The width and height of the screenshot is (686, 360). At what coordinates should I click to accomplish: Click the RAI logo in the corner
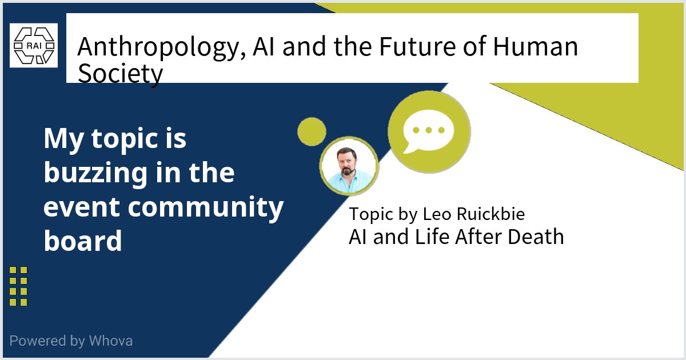click(34, 46)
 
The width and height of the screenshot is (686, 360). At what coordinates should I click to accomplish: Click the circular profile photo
click(349, 166)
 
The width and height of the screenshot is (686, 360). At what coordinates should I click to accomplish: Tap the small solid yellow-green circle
click(312, 131)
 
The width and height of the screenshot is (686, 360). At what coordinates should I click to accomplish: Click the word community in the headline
click(206, 207)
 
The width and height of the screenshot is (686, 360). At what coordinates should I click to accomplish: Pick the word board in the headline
click(83, 241)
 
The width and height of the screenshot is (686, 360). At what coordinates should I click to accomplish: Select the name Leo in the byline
click(434, 214)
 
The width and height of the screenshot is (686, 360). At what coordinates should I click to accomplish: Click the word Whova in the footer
click(111, 341)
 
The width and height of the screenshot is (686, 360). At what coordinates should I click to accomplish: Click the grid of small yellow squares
click(18, 286)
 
